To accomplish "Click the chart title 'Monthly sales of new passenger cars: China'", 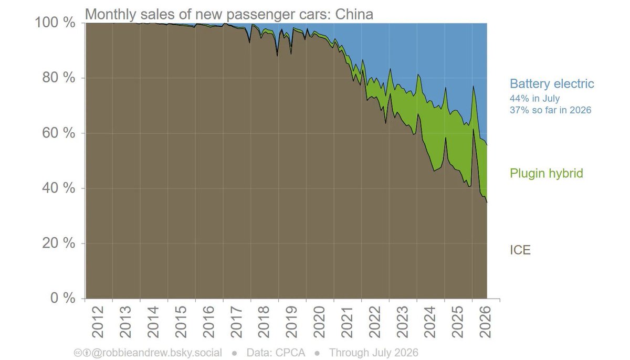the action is (x=229, y=14).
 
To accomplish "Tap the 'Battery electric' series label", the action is (x=552, y=84).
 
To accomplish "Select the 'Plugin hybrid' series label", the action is (x=546, y=173).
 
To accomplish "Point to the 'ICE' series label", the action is (x=520, y=250).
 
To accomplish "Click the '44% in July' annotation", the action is (x=534, y=98).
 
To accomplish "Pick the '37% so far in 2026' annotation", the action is (x=550, y=110).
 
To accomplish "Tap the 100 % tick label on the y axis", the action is (x=55, y=23).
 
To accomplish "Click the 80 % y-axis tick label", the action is (x=59, y=78).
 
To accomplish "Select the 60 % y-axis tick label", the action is (x=59, y=133).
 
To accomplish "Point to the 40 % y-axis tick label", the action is (x=59, y=188).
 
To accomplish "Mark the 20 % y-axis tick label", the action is (x=59, y=243).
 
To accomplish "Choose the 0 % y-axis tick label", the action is (x=63, y=298).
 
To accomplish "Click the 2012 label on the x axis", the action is (x=98, y=322).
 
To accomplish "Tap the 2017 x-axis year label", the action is (x=236, y=322).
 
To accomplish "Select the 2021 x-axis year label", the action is (x=347, y=322).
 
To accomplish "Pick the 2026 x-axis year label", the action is (x=486, y=322).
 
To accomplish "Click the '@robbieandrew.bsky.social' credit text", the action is (x=156, y=353).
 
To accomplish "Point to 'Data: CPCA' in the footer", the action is (x=276, y=353).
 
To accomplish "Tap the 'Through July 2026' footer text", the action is (x=374, y=353).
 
